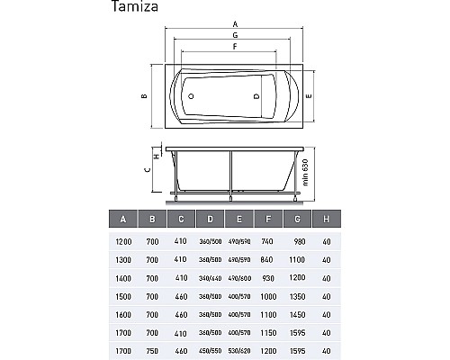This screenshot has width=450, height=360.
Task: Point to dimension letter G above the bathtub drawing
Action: click(234, 34)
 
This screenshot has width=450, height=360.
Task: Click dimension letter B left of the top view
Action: click(143, 96)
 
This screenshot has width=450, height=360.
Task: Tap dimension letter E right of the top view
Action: click(309, 94)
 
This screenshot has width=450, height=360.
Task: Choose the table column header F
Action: click(267, 219)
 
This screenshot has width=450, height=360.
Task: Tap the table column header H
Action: click(325, 219)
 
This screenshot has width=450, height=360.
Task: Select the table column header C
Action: click(181, 219)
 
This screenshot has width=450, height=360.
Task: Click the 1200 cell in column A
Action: click(123, 240)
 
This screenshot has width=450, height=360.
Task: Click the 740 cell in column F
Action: click(268, 240)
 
